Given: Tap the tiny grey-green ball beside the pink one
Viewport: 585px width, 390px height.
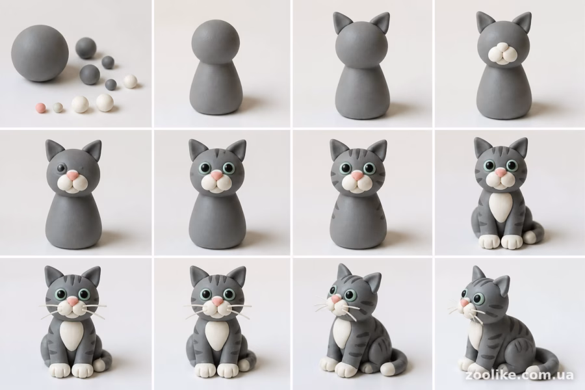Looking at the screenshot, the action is point(58,107).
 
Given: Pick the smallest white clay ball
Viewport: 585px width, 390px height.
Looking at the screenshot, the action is point(131,81).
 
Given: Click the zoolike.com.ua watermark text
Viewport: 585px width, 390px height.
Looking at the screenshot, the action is point(519,375).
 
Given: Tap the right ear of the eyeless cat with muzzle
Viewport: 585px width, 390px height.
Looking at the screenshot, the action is point(523,23).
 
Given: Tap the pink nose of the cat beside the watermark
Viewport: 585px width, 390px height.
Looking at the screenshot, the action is point(465,302).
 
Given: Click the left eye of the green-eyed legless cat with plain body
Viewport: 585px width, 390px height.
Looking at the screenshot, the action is point(205,167).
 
